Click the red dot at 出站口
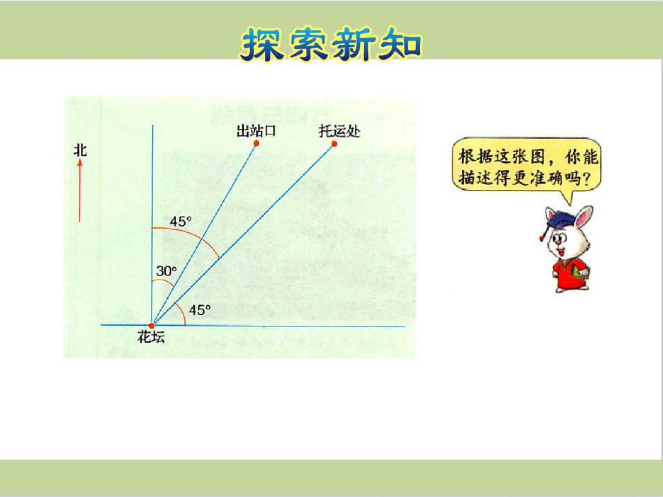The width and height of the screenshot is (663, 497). coord(256,144)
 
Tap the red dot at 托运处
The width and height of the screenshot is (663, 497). coord(334,144)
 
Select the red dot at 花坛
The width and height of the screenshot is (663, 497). coord(151,326)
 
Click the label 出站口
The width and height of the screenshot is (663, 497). coord(256,130)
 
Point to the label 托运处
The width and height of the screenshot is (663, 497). coord(340,131)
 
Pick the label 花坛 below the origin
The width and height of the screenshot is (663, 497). coord(151,338)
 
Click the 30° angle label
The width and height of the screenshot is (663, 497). coord(166,271)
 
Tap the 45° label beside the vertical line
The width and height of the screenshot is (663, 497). coord(180,222)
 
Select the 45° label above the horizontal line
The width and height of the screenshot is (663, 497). coord(200,310)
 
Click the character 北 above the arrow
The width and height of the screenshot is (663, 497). coord(80,150)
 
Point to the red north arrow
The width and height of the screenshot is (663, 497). coord(79,191)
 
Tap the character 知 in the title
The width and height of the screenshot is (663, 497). coord(400,45)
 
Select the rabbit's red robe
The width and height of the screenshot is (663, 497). coord(568,274)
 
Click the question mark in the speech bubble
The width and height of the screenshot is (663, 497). coord(586,179)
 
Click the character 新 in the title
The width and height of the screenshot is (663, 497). coord(354,45)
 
